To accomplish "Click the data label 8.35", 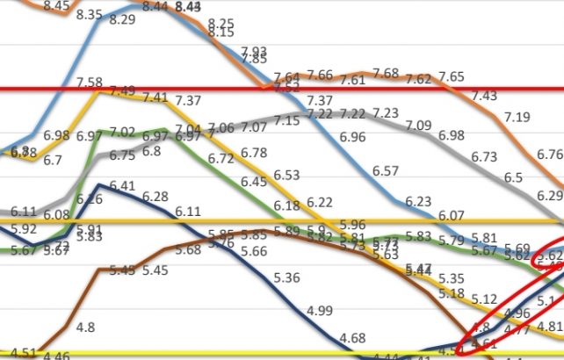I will pos(90,15).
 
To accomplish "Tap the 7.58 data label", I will pos(90,83).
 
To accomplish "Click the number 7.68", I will pos(386,73).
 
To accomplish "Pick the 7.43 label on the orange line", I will pos(483,96).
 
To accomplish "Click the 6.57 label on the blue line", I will pos(387,170).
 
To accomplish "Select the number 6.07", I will pos(452,214).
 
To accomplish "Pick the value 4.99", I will pos(321,310).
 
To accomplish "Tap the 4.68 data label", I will pos(353,338).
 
